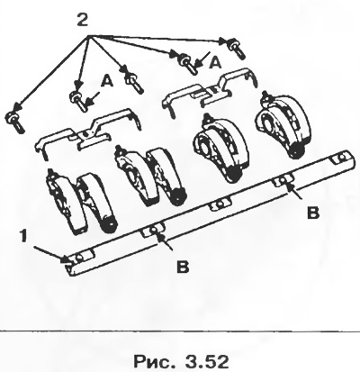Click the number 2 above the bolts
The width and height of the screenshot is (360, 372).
click(x=82, y=20)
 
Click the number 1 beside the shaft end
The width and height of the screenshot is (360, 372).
click(x=24, y=237)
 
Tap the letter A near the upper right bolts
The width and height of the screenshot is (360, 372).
click(x=215, y=63)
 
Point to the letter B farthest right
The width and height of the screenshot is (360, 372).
click(x=313, y=213)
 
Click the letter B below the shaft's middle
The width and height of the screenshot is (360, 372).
click(x=183, y=267)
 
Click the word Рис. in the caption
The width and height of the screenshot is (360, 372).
click(x=154, y=361)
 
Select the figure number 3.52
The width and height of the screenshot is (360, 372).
click(x=207, y=361)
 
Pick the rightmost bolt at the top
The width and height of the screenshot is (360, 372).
click(x=237, y=48)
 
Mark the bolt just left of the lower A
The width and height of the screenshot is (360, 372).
click(x=78, y=100)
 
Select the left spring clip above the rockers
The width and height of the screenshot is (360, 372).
click(x=87, y=134)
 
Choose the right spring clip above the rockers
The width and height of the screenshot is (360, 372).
click(x=210, y=90)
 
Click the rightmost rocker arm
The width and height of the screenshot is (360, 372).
click(x=283, y=123)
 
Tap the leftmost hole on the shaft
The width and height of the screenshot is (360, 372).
click(x=80, y=258)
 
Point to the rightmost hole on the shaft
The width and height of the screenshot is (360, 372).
click(x=341, y=157)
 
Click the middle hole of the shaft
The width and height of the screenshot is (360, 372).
click(x=220, y=204)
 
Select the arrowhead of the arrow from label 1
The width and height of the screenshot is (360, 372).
click(x=66, y=259)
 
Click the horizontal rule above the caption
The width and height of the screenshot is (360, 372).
click(x=180, y=331)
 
